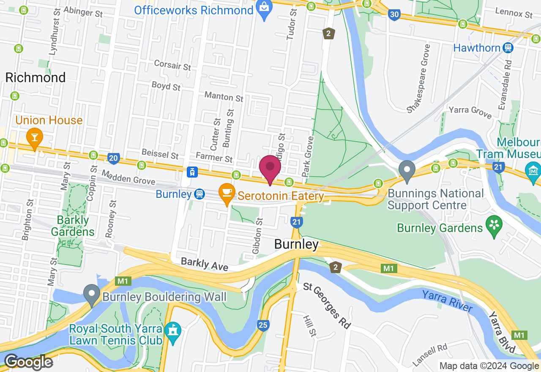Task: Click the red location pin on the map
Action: coord(270,168)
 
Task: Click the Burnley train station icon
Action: coord(200,194)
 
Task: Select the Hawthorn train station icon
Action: coord(508,48)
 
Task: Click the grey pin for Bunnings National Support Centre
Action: coord(407,170)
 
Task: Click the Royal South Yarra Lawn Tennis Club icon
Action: coord(172,331)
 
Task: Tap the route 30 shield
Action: coord(394,15)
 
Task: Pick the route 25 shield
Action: coord(263,325)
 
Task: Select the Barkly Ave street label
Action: coord(205,264)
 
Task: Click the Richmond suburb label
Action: coord(36,77)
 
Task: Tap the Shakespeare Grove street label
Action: coord(418,79)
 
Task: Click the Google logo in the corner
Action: coord(28,362)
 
